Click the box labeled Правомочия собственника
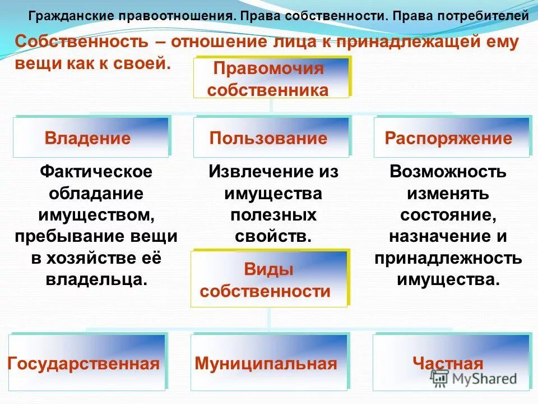[x=271, y=79]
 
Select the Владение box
[x=90, y=137]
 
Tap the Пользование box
[x=271, y=137]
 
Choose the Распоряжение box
[x=451, y=137]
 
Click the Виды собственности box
[x=268, y=279]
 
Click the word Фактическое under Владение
[x=96, y=171]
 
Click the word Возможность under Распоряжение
[x=448, y=171]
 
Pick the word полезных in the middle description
[x=273, y=214]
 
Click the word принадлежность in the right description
[x=448, y=258]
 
